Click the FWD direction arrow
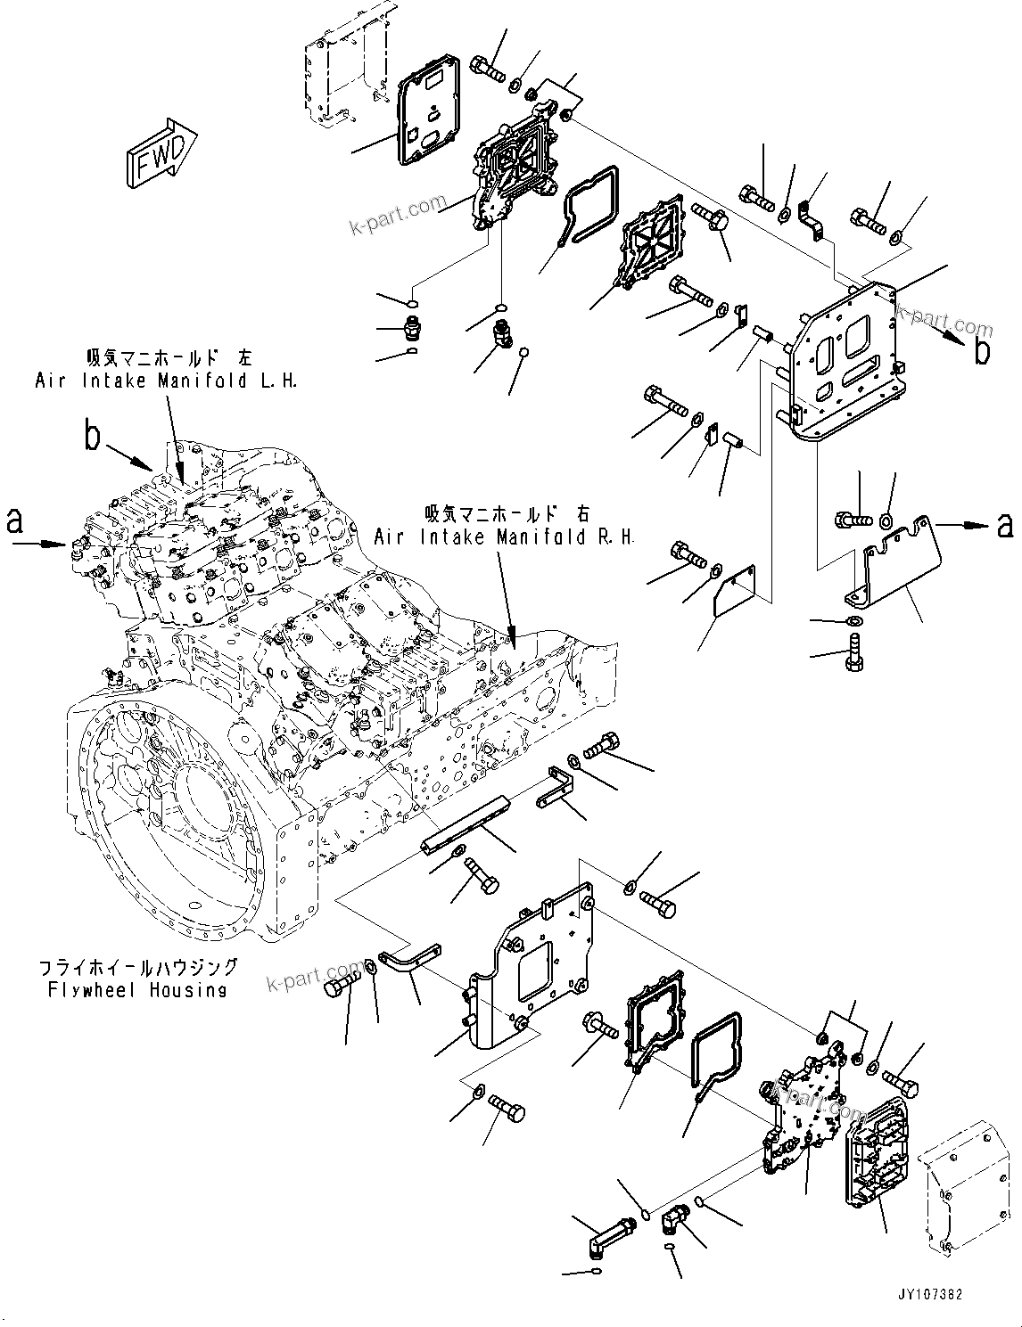coord(161,153)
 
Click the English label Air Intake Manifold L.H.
coord(166,381)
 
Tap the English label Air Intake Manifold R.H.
coord(504,537)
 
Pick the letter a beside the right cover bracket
coord(1005,526)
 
